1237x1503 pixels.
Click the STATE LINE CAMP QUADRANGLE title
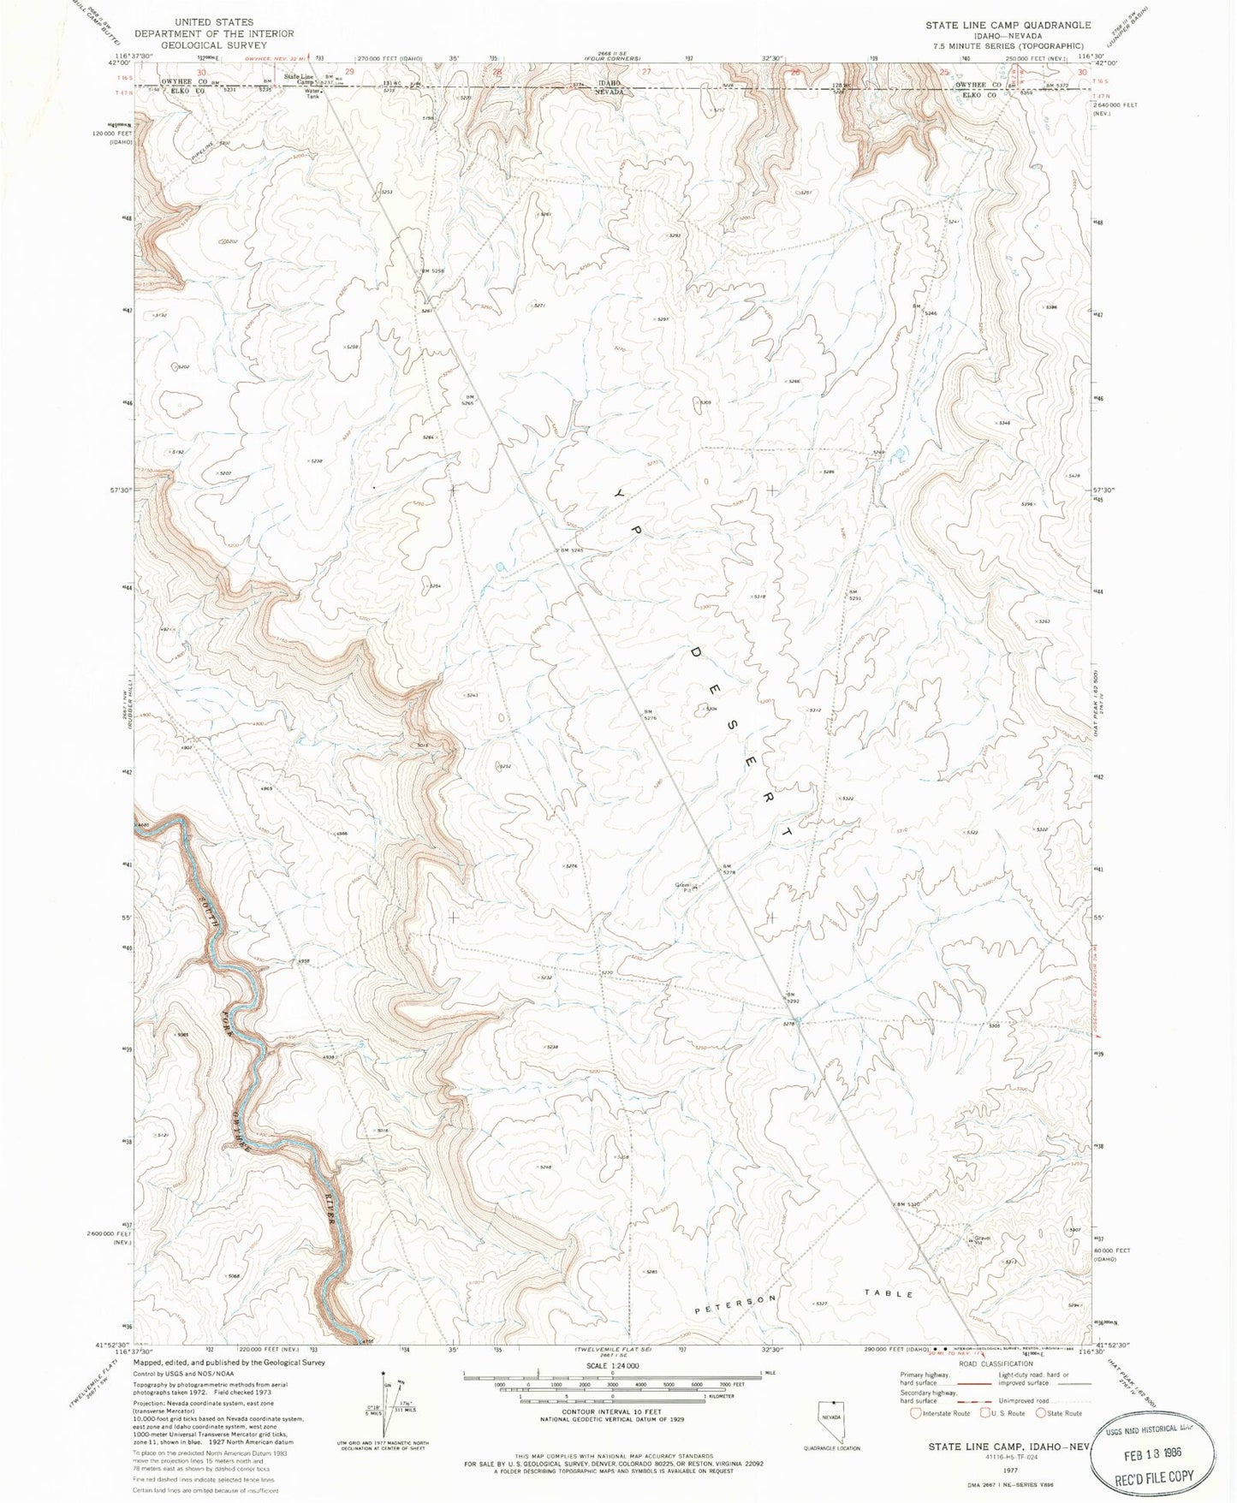[1008, 25]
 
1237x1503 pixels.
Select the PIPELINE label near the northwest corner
[202, 148]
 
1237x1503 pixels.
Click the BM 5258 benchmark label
[433, 270]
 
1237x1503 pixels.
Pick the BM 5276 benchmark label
[650, 714]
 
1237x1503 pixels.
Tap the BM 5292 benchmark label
[793, 997]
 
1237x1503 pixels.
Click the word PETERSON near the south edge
[735, 1304]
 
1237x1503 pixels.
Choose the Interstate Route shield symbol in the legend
[916, 1413]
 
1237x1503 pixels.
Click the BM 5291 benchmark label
[853, 595]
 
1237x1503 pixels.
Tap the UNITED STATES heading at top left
[213, 22]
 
